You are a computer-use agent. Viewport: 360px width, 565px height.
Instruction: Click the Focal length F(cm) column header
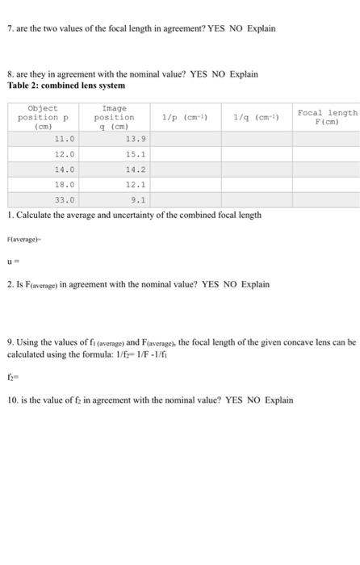(x=325, y=117)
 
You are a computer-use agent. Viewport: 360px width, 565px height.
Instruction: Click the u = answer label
(x=11, y=261)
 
